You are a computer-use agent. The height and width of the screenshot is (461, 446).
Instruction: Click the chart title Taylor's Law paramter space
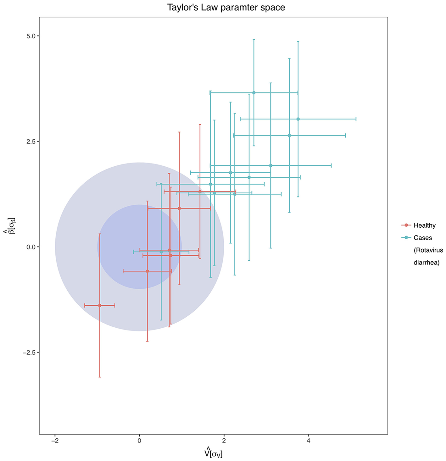pyautogui.click(x=226, y=7)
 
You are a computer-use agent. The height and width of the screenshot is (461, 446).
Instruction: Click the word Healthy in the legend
pyautogui.click(x=424, y=225)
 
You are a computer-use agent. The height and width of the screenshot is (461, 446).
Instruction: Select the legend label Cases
pyautogui.click(x=423, y=238)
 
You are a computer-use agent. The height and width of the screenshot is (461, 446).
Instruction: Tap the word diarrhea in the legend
pyautogui.click(x=426, y=263)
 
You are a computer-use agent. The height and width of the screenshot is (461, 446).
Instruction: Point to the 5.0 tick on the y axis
pyautogui.click(x=31, y=36)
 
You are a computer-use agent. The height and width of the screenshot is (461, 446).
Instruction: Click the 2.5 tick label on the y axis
pyautogui.click(x=31, y=142)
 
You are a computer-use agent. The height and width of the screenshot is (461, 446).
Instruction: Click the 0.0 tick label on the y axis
pyautogui.click(x=31, y=247)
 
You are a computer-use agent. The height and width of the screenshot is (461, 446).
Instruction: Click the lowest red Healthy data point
pyautogui.click(x=100, y=305)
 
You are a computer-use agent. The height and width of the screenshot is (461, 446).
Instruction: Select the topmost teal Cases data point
pyautogui.click(x=254, y=93)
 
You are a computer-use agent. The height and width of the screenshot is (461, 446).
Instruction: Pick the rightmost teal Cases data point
pyautogui.click(x=298, y=119)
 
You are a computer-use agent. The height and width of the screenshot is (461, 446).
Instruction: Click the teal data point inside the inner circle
pyautogui.click(x=161, y=252)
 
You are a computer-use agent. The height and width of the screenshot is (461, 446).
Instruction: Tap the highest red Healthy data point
pyautogui.click(x=200, y=191)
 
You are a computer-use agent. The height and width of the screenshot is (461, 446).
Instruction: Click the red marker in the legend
pyautogui.click(x=406, y=225)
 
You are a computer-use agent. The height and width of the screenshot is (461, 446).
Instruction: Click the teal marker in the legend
pyautogui.click(x=406, y=238)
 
